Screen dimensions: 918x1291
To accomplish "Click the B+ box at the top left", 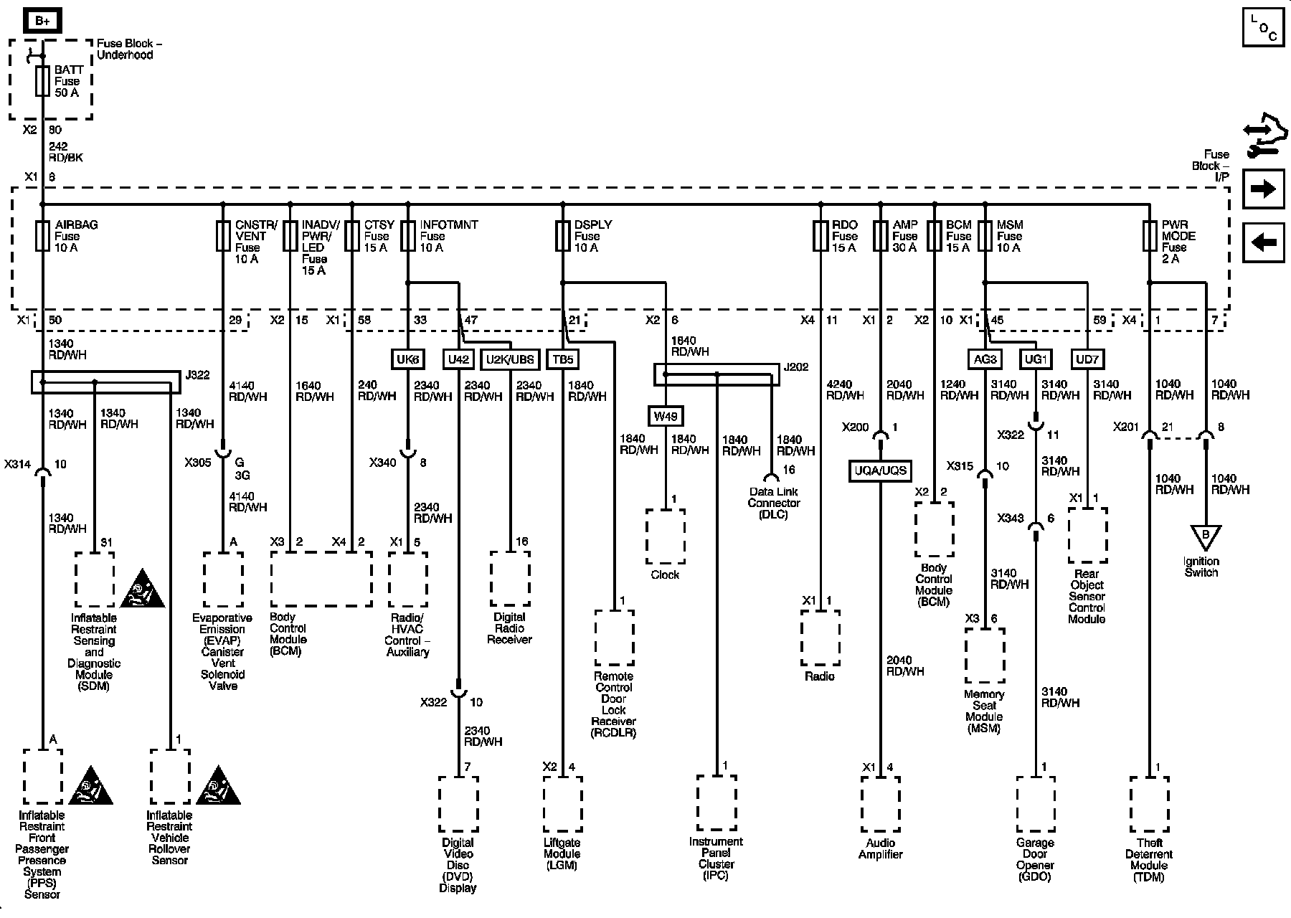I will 42,22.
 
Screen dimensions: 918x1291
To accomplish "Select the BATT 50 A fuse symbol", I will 42,81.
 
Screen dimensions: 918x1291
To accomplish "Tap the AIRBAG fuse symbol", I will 42,236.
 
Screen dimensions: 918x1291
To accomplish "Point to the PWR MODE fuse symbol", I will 1150,236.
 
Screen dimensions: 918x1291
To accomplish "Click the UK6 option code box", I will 407,359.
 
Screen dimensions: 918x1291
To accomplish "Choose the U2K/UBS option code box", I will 510,359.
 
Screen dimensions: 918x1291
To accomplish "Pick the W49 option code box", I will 666,416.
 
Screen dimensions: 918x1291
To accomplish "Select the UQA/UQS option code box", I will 881,471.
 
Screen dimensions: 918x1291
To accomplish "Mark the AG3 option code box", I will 985,359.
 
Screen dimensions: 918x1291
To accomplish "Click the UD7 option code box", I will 1087,359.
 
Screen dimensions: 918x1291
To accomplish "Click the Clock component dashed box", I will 666,536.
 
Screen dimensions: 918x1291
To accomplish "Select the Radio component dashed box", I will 820,638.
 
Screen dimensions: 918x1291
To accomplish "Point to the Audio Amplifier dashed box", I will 881,803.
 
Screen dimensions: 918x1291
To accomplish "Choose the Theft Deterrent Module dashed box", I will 1150,803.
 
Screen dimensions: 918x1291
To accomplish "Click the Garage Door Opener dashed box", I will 1035,803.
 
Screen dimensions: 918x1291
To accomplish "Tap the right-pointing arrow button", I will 1264,189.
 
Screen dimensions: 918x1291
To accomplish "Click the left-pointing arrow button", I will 1264,242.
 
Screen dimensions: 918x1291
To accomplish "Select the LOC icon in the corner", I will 1264,28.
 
